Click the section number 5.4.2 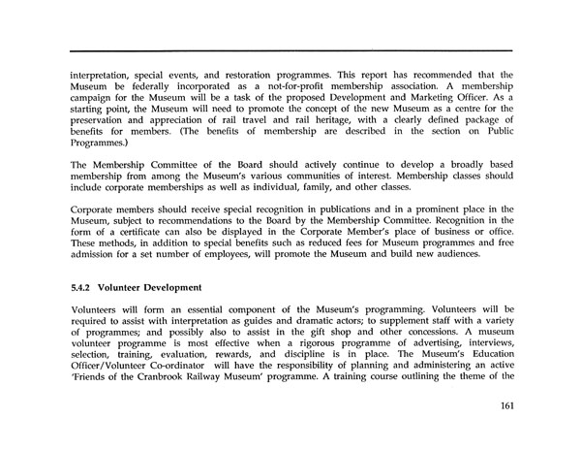tap(84, 287)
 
